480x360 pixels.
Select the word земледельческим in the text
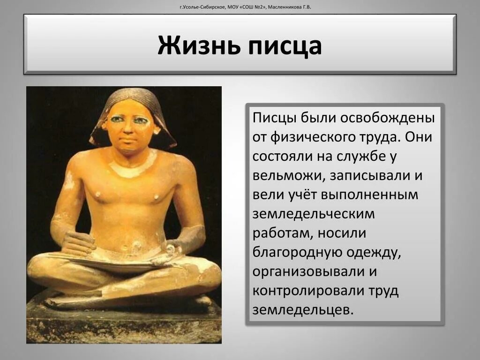click(314, 214)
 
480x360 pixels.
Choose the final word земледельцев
click(302, 310)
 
